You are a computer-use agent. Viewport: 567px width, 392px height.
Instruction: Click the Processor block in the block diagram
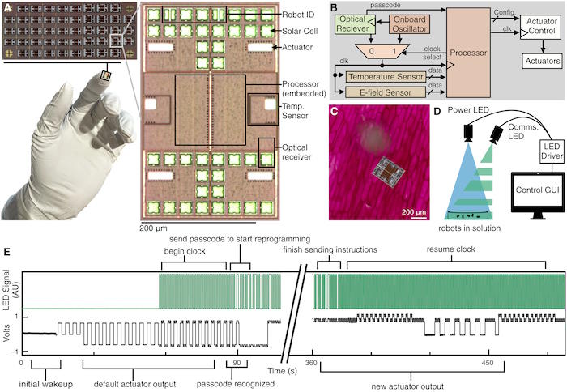[x=468, y=53]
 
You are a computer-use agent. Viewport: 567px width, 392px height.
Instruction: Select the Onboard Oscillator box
[x=409, y=24]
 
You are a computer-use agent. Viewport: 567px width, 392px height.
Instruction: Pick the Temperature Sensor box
[x=386, y=77]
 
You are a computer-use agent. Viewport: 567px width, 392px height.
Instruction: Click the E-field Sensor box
[x=386, y=92]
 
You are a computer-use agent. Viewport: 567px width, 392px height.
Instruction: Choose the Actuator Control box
[x=541, y=28]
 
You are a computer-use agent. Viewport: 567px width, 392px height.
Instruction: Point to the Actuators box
[x=543, y=61]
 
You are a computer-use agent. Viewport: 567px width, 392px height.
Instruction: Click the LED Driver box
[x=552, y=151]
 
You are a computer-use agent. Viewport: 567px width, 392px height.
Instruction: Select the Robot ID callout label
[x=298, y=15]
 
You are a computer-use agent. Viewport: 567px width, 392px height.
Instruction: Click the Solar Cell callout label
[x=300, y=31]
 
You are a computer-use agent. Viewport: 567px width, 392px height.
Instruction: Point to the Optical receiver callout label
[x=296, y=152]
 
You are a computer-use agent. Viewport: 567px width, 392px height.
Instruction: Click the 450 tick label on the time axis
[x=488, y=363]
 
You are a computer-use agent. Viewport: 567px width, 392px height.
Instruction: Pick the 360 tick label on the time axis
[x=312, y=363]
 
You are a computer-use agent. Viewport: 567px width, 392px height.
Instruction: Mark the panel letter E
[x=6, y=251]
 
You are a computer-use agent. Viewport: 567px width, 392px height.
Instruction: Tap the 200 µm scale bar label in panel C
[x=414, y=212]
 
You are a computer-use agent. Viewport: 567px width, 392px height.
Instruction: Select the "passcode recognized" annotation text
[x=236, y=384]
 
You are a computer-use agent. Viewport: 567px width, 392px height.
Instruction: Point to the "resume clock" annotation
[x=450, y=249]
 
